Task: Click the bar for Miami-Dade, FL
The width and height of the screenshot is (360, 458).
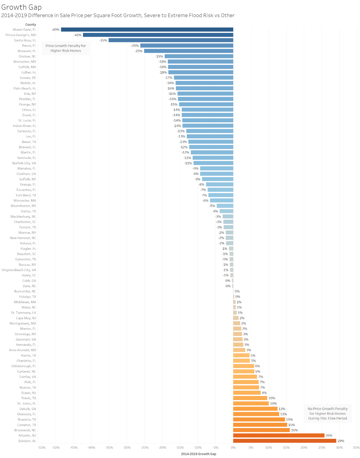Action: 147,29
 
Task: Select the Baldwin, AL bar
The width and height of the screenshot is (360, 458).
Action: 285,441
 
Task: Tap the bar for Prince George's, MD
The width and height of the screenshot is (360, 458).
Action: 158,35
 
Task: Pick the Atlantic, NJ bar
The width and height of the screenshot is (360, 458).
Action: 279,435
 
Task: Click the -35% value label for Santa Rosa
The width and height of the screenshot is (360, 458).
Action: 103,40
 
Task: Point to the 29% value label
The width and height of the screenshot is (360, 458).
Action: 341,441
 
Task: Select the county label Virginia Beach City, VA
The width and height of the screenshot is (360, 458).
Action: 19,270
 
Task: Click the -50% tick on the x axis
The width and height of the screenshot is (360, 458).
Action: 56,448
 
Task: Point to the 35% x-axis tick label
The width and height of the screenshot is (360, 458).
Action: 356,448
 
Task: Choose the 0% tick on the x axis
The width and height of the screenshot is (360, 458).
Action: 233,448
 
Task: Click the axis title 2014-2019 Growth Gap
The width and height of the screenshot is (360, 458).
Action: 198,454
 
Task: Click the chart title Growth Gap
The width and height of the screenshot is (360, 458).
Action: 21,7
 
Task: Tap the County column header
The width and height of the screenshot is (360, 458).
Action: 31,24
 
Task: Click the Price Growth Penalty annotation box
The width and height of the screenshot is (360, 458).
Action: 66,48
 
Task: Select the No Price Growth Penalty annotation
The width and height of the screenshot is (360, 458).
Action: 327,413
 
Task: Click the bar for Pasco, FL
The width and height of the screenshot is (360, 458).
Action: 187,46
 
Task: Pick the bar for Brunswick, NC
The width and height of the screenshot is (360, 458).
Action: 261,430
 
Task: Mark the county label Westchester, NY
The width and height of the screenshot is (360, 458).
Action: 23,206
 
